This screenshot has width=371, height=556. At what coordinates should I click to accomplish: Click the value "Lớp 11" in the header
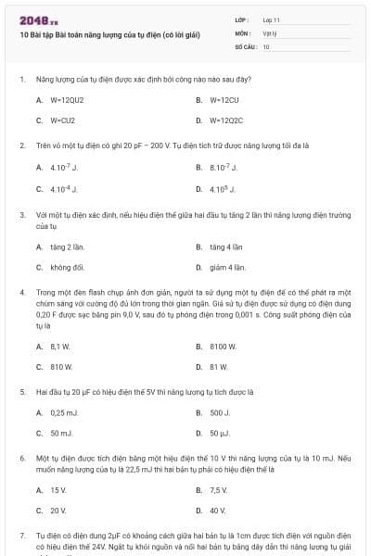(271, 19)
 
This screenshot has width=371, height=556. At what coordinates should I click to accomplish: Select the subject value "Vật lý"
(270, 32)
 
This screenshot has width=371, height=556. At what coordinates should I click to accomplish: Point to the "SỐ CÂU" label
(245, 45)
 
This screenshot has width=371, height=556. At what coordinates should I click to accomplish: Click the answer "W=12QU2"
(67, 99)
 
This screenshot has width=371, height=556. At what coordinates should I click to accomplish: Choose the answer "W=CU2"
(62, 120)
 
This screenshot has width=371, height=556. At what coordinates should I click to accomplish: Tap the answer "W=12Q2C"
(226, 120)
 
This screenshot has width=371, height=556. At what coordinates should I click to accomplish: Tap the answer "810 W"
(61, 366)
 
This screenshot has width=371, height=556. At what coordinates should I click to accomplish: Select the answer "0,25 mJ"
(64, 412)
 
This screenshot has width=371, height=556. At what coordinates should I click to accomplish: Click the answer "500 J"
(220, 412)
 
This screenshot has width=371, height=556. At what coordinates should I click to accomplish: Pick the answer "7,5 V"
(219, 489)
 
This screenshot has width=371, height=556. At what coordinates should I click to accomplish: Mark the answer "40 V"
(218, 510)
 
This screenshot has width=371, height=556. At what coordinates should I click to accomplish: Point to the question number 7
(21, 536)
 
